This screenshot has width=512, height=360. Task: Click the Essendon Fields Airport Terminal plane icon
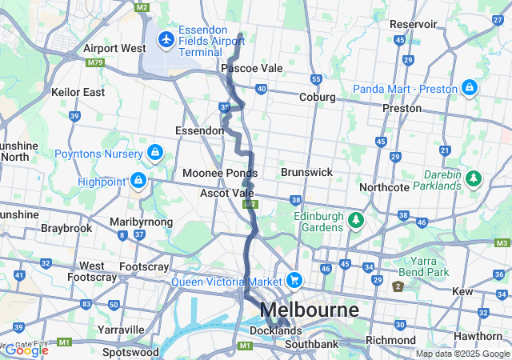click(166, 38)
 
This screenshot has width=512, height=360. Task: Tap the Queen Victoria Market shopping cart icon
click(295, 280)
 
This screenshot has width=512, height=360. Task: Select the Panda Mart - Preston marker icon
click(469, 87)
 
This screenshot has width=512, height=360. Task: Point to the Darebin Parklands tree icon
click(474, 178)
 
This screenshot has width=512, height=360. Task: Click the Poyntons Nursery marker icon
click(154, 151)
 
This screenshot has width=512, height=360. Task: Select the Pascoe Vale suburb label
click(252, 69)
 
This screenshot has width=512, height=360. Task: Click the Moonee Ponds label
click(219, 173)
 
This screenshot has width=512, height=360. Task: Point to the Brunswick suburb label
click(306, 172)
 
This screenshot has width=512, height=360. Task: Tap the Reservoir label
click(414, 24)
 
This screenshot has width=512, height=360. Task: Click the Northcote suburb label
click(384, 187)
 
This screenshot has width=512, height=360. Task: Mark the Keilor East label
click(78, 92)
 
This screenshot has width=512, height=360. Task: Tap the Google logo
click(26, 350)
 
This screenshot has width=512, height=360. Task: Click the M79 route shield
click(94, 62)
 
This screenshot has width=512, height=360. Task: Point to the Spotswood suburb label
click(130, 351)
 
